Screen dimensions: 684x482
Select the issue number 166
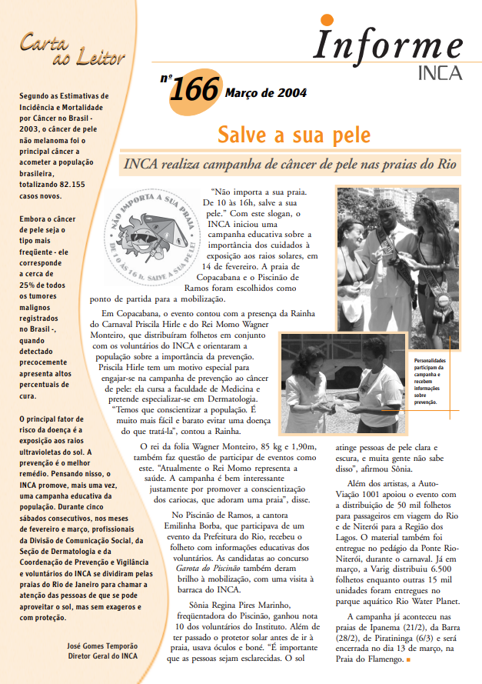tap(194, 91)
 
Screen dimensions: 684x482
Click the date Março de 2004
tap(265, 93)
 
